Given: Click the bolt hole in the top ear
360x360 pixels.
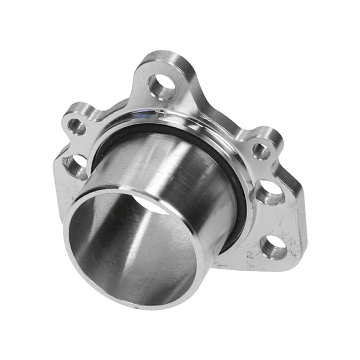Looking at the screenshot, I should pos(162,86).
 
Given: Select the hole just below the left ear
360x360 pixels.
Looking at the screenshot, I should pos(75,166).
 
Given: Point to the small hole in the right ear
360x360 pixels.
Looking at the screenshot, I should pos(261,151).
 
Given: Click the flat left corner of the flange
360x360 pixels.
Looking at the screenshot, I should pos(57,172).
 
